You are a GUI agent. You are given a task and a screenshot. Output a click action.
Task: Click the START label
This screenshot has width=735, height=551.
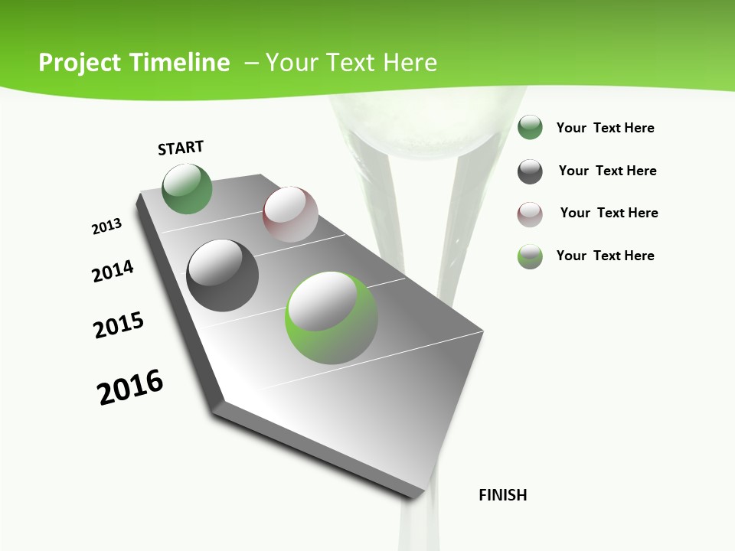[181, 148]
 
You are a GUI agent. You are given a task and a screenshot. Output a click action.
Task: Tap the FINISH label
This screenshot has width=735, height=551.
[502, 495]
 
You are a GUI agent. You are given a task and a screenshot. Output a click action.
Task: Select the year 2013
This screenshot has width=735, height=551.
[106, 227]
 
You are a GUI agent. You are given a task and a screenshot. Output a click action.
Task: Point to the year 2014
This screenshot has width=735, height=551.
[113, 271]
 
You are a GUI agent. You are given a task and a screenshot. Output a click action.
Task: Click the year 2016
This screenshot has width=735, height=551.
[130, 387]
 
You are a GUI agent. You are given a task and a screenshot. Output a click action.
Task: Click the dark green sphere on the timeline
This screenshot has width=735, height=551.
[188, 189]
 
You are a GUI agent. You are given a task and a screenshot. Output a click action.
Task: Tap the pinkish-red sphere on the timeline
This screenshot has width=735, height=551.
[290, 214]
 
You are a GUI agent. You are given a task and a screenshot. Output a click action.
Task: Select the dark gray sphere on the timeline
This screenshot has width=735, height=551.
[222, 275]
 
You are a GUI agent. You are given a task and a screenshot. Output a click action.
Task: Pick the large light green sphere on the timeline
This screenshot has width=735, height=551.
[332, 318]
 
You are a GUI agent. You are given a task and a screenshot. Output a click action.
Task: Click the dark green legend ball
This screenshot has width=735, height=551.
[530, 128]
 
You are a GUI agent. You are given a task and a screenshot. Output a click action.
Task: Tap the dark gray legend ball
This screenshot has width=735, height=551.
[530, 171]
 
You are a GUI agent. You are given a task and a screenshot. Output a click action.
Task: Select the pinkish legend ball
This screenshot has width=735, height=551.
[530, 214]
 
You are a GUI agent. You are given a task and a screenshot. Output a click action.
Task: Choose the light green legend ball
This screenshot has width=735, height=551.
[530, 256]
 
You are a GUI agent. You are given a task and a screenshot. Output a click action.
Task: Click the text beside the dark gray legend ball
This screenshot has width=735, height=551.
[607, 171]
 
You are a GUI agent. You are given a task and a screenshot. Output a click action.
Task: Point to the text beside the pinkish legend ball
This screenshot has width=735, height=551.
[609, 213]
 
